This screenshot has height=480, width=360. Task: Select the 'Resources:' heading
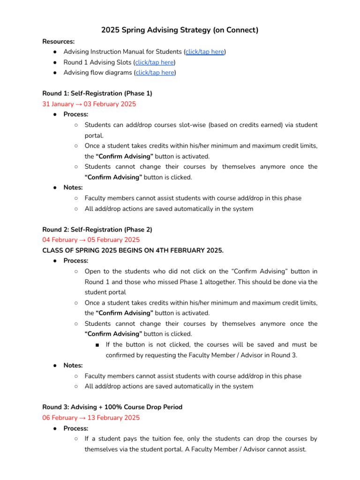58,41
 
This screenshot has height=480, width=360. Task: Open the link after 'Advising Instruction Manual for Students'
205,52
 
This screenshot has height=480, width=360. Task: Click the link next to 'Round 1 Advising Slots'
155,62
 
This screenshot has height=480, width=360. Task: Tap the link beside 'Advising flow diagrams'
155,73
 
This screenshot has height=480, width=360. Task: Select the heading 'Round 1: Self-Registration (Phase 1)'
97,93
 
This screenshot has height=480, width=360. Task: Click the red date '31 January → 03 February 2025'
89,104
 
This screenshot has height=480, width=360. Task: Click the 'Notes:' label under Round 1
73,187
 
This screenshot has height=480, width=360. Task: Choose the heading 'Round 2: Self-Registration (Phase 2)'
97,229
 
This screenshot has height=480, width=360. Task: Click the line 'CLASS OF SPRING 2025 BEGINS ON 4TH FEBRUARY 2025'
133,250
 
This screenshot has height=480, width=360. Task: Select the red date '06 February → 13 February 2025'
91,418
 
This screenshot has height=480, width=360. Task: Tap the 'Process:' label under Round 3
75,428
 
